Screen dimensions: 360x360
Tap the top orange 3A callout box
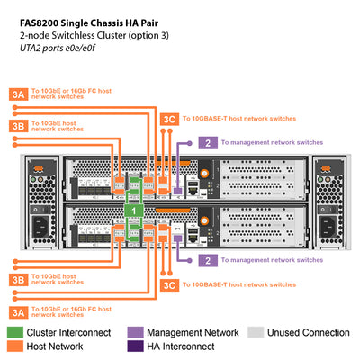tap(19, 94)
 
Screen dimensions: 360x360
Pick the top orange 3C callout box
tap(168, 118)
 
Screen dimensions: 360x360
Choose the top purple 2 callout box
tap(208, 142)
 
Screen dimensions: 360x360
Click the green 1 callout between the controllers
tap(133, 209)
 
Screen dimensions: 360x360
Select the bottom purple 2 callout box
tap(208, 260)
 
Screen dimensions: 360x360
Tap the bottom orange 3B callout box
tap(19, 279)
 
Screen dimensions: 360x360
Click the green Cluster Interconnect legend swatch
tap(16, 333)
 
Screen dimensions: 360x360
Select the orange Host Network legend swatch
tap(16, 346)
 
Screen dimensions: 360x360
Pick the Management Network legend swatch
tap(135, 333)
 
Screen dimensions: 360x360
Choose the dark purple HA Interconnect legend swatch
tap(135, 346)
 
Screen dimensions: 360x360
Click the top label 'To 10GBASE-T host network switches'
tap(238, 118)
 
